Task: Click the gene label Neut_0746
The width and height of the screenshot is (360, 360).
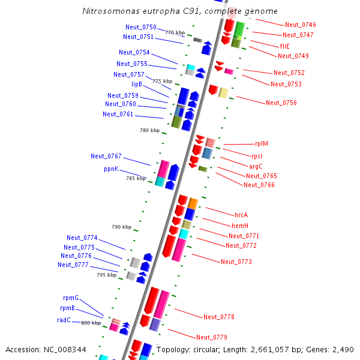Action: coord(301,25)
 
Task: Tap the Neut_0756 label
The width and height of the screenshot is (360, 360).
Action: coord(281,103)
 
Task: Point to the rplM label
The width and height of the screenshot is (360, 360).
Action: coord(262,144)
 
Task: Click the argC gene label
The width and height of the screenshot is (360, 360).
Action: coord(256,166)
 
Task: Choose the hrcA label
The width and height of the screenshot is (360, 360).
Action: coord(241,215)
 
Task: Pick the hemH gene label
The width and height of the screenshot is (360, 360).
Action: coord(240,226)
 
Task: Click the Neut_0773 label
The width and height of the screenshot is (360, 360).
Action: coord(236,262)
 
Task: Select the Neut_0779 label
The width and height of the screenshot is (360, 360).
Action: coord(212,337)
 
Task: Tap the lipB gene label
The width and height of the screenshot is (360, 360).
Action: coord(137,85)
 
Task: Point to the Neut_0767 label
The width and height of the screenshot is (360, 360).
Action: coord(106,156)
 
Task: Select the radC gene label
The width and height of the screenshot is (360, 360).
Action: coord(64,320)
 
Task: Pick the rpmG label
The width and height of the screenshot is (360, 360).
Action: coord(71,298)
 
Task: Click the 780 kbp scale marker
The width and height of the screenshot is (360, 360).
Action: coord(150,130)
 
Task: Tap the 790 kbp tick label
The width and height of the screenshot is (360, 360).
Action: coord(121,227)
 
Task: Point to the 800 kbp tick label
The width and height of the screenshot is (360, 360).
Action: coord(91,323)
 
